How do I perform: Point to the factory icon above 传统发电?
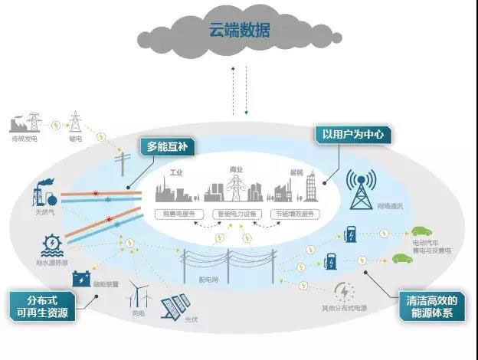tap(23, 124)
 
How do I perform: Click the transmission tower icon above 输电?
tap(75, 122)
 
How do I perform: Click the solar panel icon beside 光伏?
tap(176, 307)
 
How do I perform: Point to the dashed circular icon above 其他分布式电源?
tap(345, 290)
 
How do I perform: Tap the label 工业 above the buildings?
tap(178, 172)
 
